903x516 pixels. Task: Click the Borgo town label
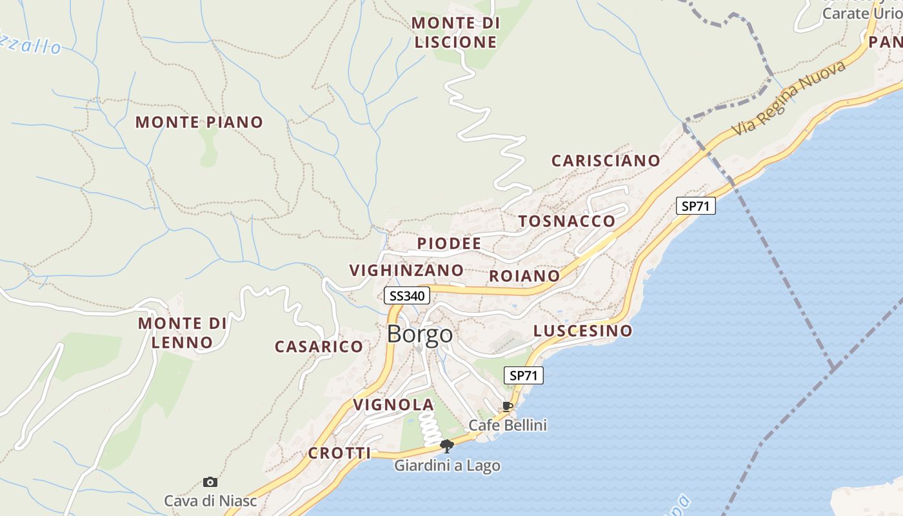pyautogui.click(x=420, y=335)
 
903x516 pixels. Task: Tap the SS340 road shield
pyautogui.click(x=407, y=296)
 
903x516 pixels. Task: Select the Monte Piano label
pyautogui.click(x=199, y=122)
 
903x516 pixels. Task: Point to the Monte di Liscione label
pyautogui.click(x=456, y=32)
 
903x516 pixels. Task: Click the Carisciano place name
pyautogui.click(x=606, y=161)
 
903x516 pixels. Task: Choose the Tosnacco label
pyautogui.click(x=567, y=221)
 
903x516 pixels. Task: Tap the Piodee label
pyautogui.click(x=449, y=243)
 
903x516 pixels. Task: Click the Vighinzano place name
pyautogui.click(x=406, y=270)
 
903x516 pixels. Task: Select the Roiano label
pyautogui.click(x=524, y=276)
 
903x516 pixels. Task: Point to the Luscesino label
pyautogui.click(x=583, y=331)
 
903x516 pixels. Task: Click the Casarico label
pyautogui.click(x=319, y=347)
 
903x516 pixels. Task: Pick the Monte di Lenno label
pyautogui.click(x=183, y=332)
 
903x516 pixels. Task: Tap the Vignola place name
pyautogui.click(x=393, y=405)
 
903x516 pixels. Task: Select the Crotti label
pyautogui.click(x=339, y=453)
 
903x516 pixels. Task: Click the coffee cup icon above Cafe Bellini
pyautogui.click(x=508, y=406)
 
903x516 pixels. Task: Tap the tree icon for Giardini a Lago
pyautogui.click(x=446, y=446)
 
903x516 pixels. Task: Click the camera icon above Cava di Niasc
pyautogui.click(x=210, y=482)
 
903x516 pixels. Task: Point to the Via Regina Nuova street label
pyautogui.click(x=788, y=99)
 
